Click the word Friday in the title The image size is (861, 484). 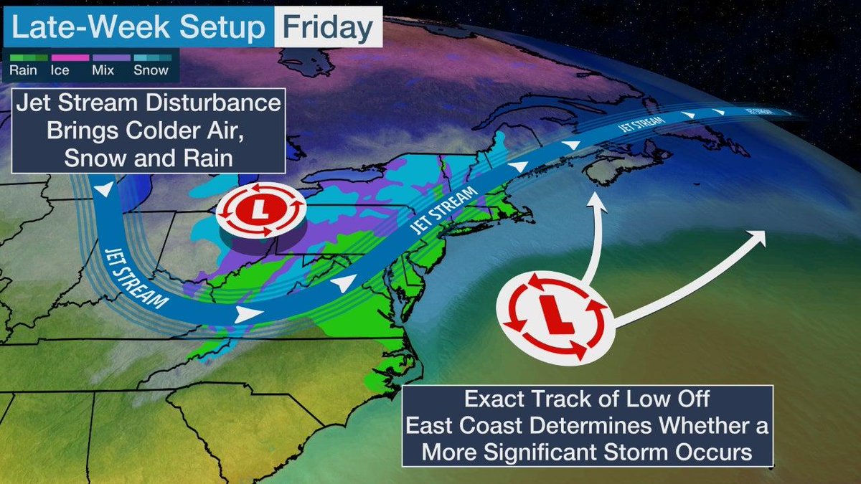[327, 28]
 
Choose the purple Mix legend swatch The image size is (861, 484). [110, 57]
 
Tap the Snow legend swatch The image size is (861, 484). [151, 57]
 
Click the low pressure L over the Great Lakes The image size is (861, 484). [261, 212]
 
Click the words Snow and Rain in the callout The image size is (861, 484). [149, 158]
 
